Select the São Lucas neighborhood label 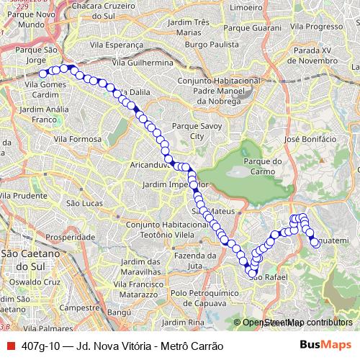pos(81,204)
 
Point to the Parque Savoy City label pos(190,130)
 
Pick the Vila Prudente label pos(25,195)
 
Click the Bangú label pos(120,313)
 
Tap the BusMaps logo pos(325,345)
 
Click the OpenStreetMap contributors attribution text pos(297,323)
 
